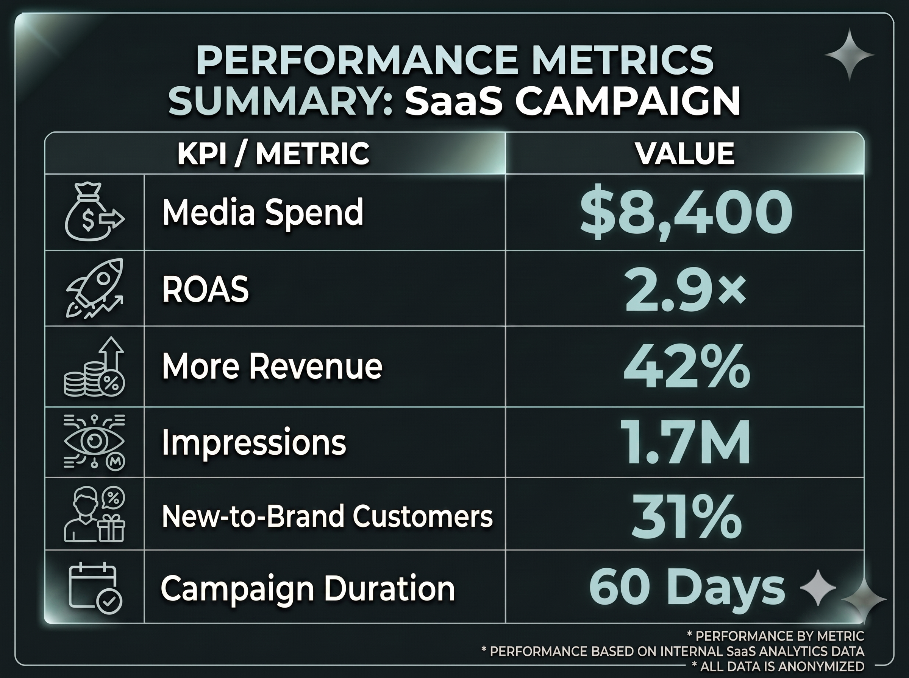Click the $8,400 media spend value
click(686, 215)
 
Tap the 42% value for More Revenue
click(686, 367)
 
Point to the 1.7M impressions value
click(685, 442)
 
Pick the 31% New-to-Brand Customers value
click(686, 516)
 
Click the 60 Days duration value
click(687, 588)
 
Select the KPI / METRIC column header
click(273, 153)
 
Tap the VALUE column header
click(685, 153)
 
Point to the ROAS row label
click(205, 289)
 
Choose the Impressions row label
click(254, 442)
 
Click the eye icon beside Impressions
click(94, 442)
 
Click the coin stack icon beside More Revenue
click(94, 367)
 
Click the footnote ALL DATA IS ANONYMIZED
click(778, 667)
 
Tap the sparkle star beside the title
click(849, 54)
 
